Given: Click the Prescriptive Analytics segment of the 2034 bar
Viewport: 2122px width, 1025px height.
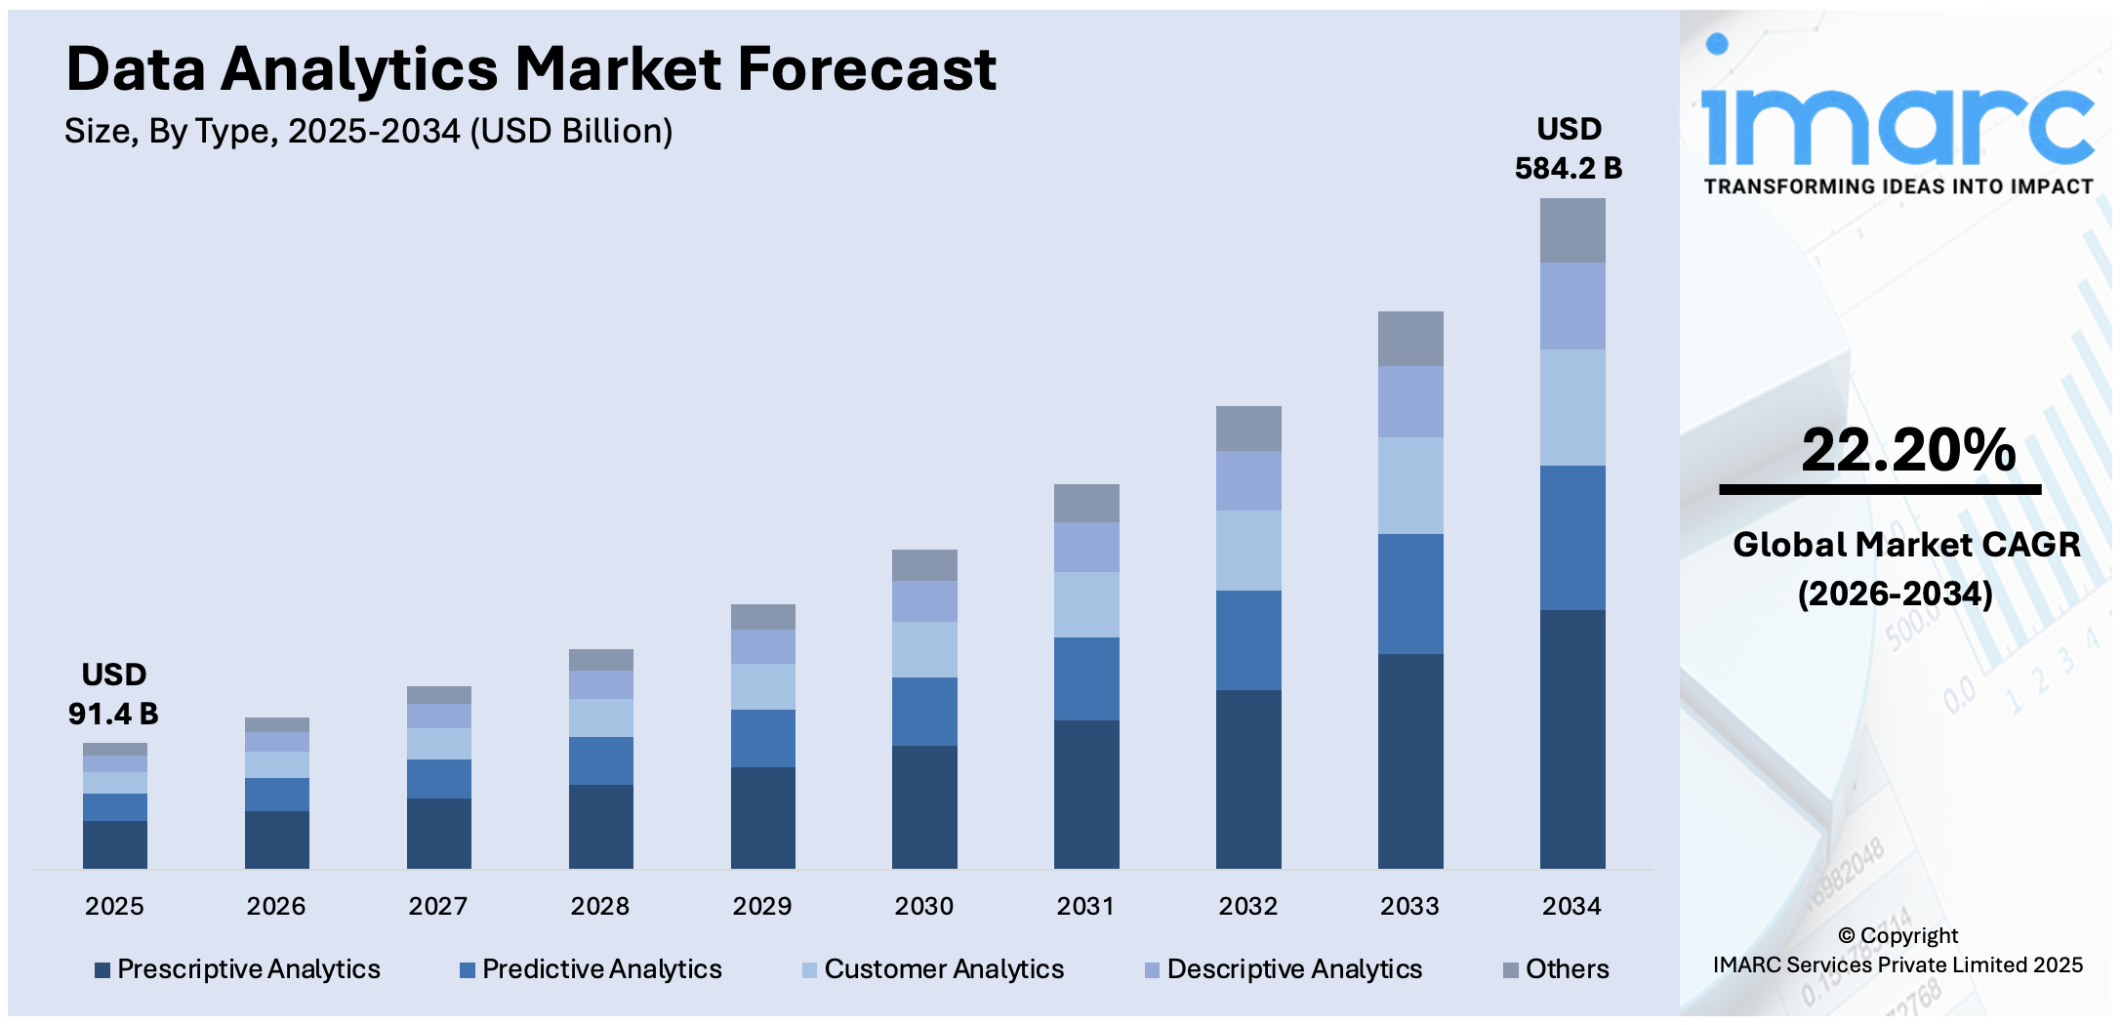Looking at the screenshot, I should [1571, 739].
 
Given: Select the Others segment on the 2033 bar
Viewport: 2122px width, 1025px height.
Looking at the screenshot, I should [1409, 339].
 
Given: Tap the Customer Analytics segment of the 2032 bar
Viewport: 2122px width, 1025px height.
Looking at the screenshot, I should [1247, 550].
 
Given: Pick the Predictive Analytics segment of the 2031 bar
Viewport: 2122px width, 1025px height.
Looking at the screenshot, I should [1086, 678].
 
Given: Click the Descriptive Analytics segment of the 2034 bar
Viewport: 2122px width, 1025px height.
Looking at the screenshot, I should [1571, 306].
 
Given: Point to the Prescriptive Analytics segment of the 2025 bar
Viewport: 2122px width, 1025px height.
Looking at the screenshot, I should [114, 844].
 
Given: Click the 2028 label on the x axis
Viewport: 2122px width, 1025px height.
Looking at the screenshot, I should [599, 906].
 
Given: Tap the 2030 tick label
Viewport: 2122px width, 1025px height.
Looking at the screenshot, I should [923, 906].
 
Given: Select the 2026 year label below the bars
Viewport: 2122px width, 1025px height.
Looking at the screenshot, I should [275, 906].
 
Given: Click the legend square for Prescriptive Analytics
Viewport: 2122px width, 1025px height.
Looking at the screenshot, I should [102, 970].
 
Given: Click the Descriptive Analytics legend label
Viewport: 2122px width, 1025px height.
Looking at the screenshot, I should [1294, 969].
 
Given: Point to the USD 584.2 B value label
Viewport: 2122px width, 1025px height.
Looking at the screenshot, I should [1568, 148].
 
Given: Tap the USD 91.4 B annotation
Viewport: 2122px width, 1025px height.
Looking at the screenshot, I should [113, 694].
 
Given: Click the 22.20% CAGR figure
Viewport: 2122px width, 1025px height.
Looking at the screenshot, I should [1907, 450].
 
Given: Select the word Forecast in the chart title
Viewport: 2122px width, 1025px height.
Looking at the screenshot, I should [866, 69].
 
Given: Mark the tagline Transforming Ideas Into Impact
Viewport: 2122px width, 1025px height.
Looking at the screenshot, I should [1898, 186].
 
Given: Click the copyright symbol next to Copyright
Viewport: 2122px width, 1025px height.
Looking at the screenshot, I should [1846, 935].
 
